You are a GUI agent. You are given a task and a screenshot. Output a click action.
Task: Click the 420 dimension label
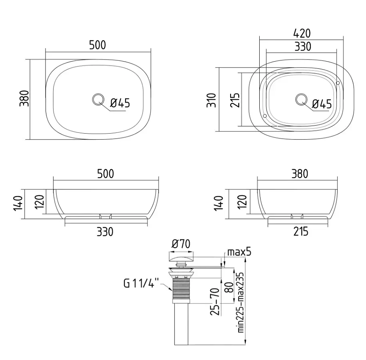click(302, 34)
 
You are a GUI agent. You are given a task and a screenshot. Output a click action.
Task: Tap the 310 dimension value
click(211, 100)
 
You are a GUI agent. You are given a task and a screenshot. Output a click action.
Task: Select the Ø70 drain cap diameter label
click(181, 244)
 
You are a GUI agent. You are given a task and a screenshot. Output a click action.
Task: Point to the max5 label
click(239, 252)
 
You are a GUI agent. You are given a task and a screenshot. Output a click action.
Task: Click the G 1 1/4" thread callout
click(141, 283)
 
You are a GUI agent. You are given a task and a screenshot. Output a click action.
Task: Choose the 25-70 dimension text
click(215, 302)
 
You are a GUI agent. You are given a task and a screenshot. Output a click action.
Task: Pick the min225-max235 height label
click(241, 302)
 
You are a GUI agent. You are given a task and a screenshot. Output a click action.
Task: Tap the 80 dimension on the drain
click(230, 287)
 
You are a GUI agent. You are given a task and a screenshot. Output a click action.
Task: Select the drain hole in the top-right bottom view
click(301, 99)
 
